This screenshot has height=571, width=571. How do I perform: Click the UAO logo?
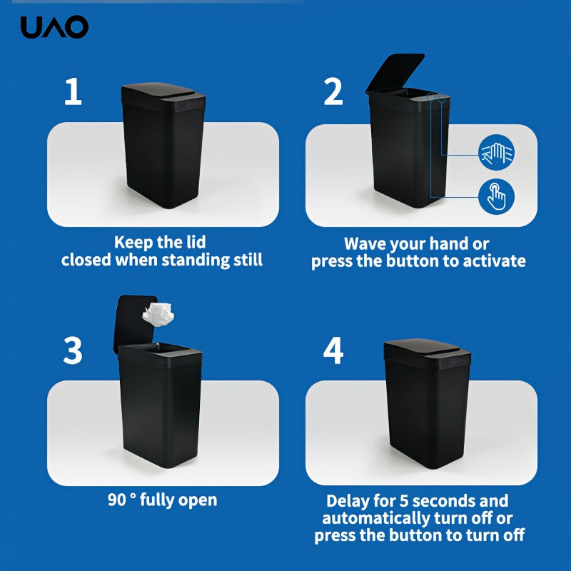[54, 27]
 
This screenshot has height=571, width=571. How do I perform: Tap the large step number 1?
[73, 93]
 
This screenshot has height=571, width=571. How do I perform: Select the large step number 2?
[333, 93]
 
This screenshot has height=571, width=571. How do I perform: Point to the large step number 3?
[73, 350]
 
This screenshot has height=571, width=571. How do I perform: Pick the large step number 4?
[333, 350]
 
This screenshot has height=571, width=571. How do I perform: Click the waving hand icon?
[495, 153]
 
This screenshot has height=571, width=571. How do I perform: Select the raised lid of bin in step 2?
[394, 74]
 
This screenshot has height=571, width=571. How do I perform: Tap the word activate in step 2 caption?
[491, 261]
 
